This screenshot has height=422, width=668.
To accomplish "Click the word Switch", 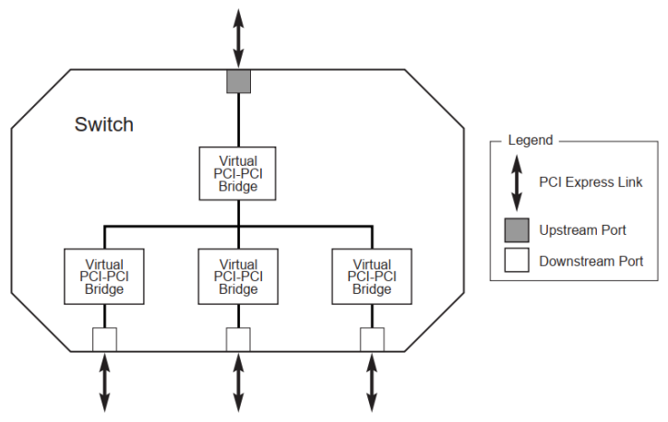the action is click(104, 124).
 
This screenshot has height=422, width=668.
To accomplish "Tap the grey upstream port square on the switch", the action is click(239, 81).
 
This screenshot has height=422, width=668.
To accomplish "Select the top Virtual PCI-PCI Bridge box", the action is click(238, 173).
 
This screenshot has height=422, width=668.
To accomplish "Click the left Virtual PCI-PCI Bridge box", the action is click(104, 276).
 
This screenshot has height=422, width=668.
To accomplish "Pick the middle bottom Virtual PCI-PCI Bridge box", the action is click(238, 276).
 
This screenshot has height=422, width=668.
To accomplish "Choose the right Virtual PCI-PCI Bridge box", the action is click(372, 276).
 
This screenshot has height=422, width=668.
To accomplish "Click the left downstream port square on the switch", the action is click(105, 339).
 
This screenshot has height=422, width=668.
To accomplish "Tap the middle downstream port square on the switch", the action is click(239, 339).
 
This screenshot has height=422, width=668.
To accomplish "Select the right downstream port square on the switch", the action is click(373, 339).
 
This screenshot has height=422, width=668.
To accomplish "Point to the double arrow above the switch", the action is click(239, 38).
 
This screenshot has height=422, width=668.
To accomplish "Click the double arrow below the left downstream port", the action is click(105, 383).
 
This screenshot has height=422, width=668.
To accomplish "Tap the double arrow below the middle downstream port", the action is click(239, 383).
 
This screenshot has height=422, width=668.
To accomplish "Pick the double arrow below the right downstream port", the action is click(373, 383).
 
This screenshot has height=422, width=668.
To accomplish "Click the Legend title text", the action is click(531, 140).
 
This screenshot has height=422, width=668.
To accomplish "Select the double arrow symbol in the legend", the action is click(517, 183).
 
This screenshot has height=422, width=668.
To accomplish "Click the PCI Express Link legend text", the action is click(590, 182).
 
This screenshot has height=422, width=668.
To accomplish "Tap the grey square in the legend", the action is click(517, 230).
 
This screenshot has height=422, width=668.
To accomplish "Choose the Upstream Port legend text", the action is click(583, 230).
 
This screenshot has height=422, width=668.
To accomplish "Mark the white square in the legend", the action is click(517, 260).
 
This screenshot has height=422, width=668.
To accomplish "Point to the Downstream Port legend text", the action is click(591, 261).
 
